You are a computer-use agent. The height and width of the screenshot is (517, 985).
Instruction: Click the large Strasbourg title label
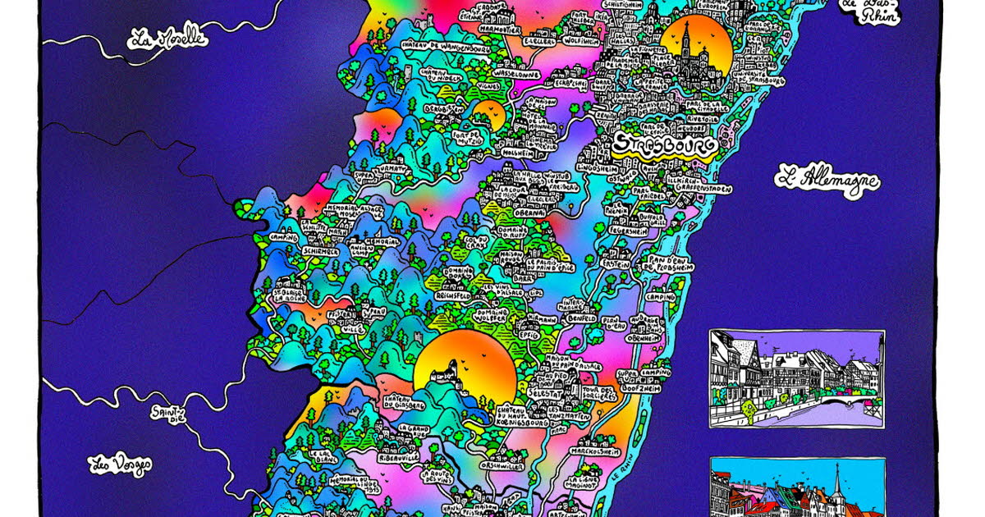pyautogui.click(x=664, y=145)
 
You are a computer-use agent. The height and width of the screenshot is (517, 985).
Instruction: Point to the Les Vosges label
pyautogui.click(x=121, y=464)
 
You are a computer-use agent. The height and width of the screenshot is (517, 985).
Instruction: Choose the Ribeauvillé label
pyautogui.click(x=398, y=456)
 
